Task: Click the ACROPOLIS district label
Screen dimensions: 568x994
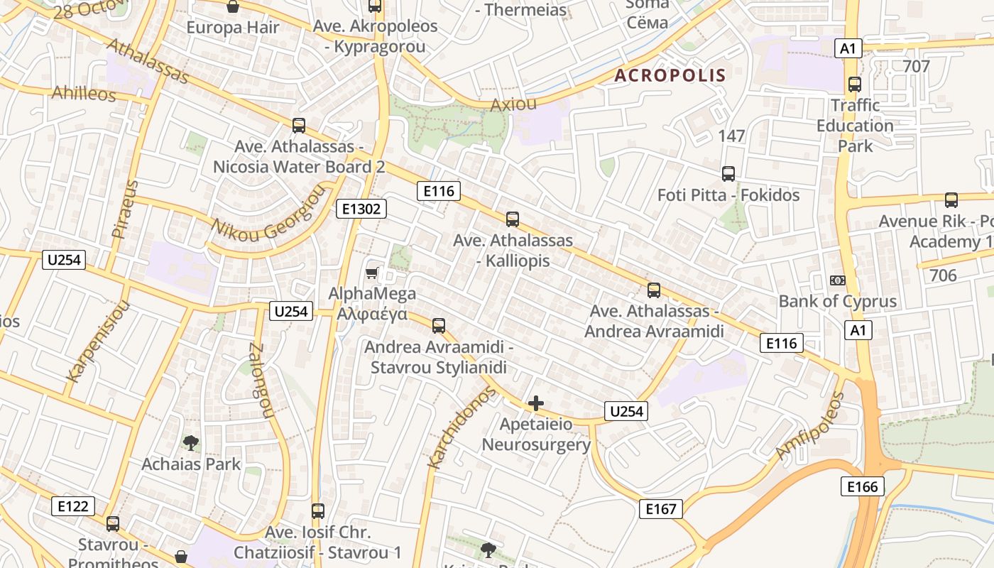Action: [670, 75]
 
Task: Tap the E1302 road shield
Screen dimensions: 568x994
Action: [361, 209]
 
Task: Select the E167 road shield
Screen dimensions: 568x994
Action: [660, 509]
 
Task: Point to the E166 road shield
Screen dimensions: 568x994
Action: [863, 486]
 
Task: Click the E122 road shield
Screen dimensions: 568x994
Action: [73, 506]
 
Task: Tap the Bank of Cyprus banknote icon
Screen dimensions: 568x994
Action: [838, 280]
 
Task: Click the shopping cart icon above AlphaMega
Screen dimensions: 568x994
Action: [371, 273]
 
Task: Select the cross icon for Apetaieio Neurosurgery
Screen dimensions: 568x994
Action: [536, 404]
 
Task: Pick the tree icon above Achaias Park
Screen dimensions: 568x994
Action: [190, 444]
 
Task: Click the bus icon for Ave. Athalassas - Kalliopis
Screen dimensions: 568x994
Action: [513, 219]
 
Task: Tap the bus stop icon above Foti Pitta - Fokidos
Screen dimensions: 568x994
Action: [728, 174]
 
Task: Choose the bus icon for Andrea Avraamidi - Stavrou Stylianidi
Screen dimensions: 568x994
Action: [439, 326]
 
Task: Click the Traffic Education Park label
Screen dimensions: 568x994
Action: [855, 126]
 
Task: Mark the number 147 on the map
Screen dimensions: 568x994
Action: [731, 136]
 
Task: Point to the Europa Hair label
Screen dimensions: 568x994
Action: [233, 28]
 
